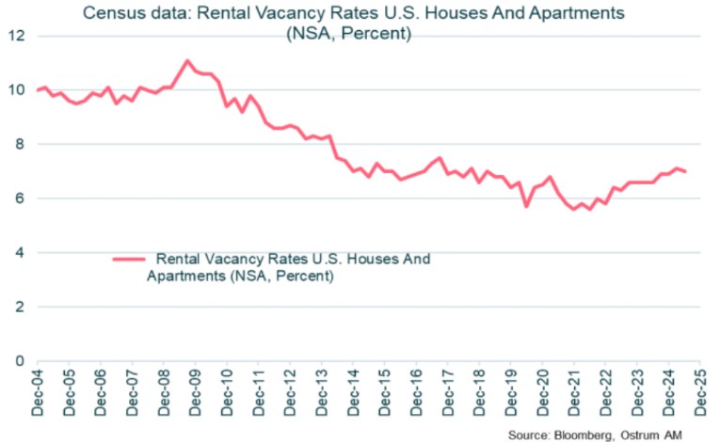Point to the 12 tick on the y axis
coord(16,36)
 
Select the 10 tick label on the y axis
coord(16,90)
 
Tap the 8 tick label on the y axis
coord(20,144)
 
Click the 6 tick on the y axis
coord(20,198)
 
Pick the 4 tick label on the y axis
coord(20,252)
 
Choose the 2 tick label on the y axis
coord(20,307)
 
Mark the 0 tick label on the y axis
coord(20,360)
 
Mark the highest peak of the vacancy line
coord(186,60)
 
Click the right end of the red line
coord(685,171)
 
